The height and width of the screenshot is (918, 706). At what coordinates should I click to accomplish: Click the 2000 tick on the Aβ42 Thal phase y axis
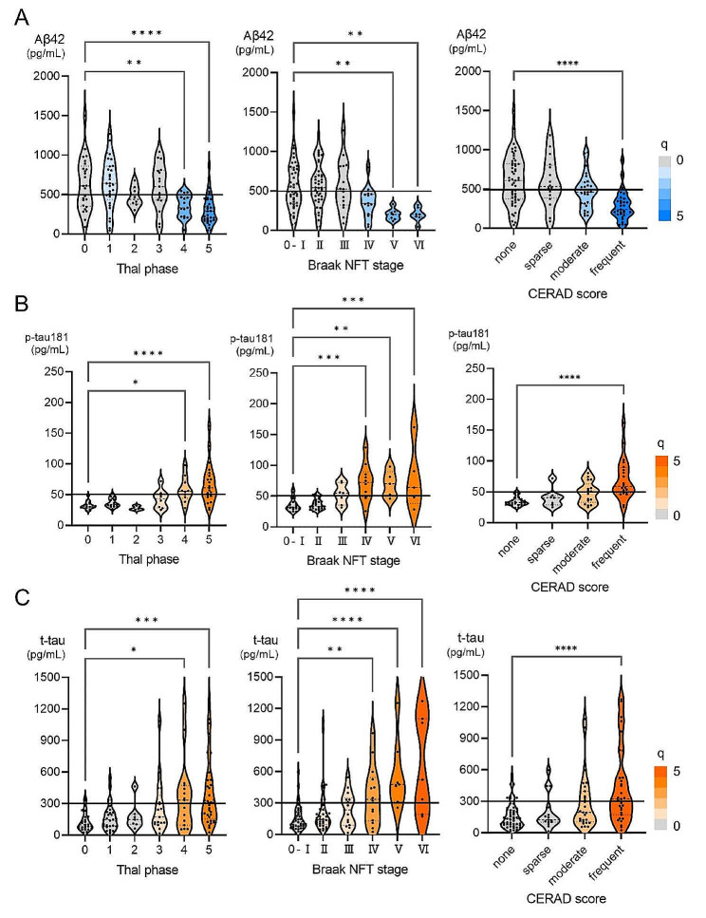[63, 75]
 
